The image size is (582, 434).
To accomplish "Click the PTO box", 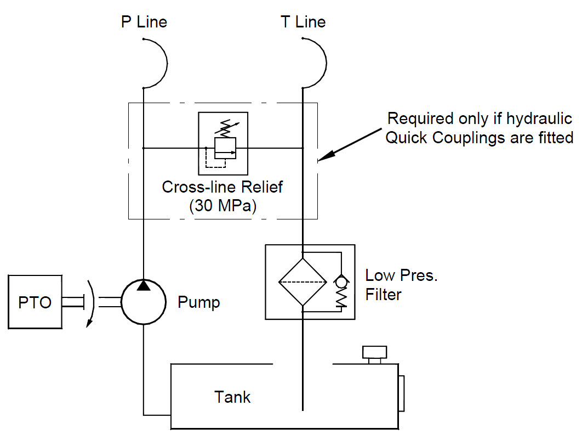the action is [35, 302].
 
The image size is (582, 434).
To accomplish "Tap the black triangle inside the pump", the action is [143, 285].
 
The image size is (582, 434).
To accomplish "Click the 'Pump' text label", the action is [198, 302].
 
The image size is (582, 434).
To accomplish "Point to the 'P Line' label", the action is [144, 22].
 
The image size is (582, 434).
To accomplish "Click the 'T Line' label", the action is [303, 22].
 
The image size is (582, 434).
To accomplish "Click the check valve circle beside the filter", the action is [341, 281].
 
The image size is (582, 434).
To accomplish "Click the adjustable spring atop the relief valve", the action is [226, 128].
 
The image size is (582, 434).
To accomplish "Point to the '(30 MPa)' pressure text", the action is [222, 206].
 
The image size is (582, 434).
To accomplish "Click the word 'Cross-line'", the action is [199, 187].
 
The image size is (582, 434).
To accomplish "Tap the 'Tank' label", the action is [232, 397].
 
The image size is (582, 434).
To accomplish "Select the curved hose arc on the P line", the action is [167, 63].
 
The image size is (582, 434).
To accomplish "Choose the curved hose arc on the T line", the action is [326, 63].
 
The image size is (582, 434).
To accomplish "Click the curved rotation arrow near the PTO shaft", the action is [93, 303].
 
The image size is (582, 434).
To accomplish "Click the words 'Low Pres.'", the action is [401, 275].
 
